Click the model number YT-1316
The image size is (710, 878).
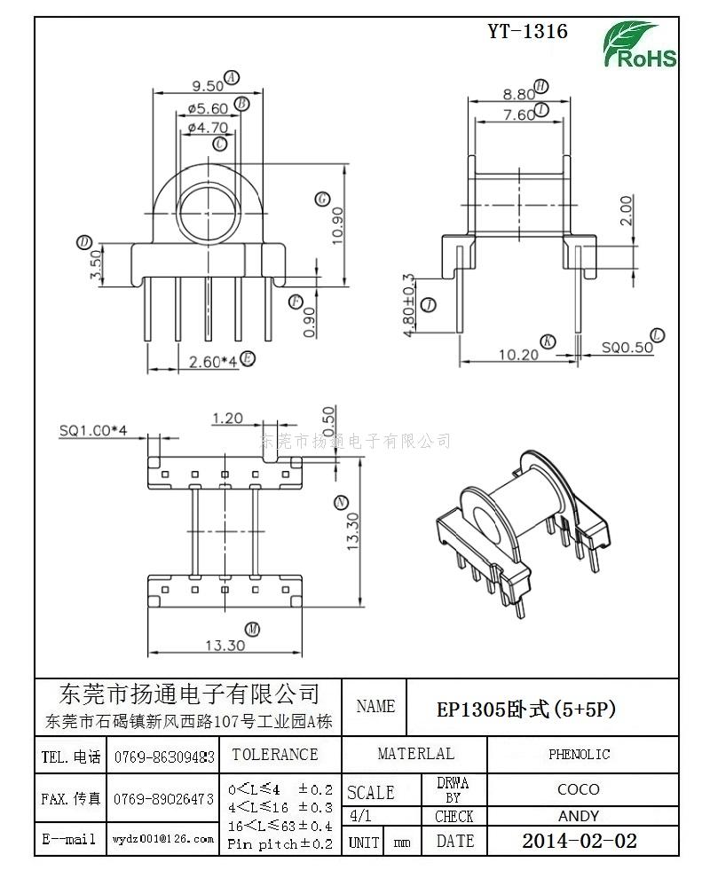coord(527,32)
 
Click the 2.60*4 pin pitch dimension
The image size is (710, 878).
coord(213,361)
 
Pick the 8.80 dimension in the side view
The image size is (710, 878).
coord(518,94)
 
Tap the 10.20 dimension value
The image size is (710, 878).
coord(519,354)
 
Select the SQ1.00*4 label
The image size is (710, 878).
coord(94,430)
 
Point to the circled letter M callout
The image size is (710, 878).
coord(252,629)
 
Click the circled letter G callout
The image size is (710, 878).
coord(322,199)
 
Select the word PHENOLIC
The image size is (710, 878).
coord(579,755)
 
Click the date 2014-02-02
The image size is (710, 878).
coord(579,841)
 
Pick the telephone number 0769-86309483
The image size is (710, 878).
coord(164,756)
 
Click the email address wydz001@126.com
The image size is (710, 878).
coord(162,839)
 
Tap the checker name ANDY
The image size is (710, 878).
coord(579,816)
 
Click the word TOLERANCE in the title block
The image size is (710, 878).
coord(274,755)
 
